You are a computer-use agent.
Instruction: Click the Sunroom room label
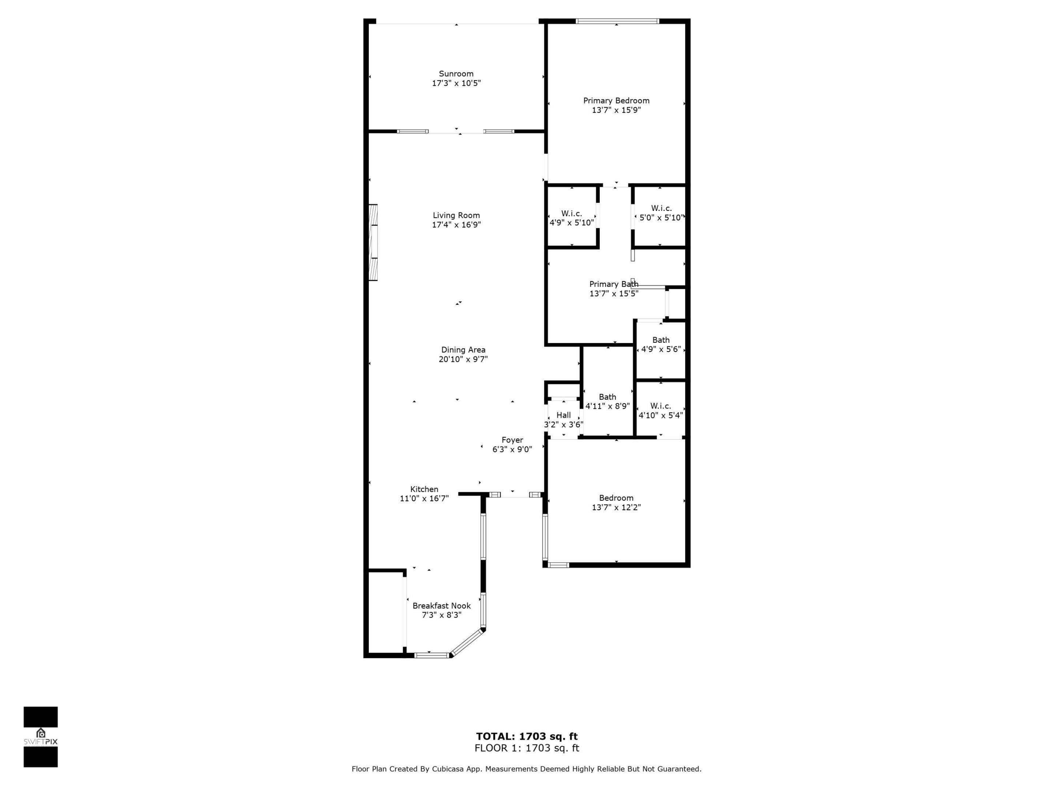pos(456,74)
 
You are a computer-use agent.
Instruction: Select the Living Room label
pos(456,215)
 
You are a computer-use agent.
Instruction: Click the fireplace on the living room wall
pos(373,242)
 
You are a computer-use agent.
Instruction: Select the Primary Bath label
pos(614,284)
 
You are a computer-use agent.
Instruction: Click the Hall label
pos(563,415)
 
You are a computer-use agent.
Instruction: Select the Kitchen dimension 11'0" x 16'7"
pos(424,499)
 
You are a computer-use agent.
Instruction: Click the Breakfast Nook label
pos(441,606)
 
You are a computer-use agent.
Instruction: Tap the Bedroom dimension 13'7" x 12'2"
pos(616,507)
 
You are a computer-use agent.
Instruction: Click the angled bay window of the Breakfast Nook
pos(467,643)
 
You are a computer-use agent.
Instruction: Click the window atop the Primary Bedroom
pos(617,21)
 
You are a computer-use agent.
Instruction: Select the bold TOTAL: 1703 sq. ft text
pos(527,736)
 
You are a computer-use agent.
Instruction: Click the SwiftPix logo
pos(41,737)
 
